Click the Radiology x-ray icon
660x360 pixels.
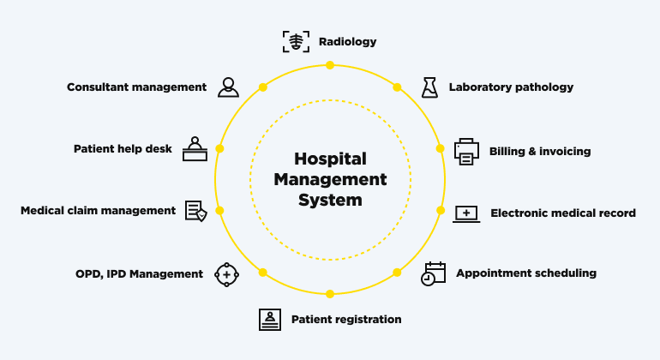click(x=296, y=41)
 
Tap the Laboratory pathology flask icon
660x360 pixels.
click(x=429, y=87)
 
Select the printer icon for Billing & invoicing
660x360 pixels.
click(x=467, y=151)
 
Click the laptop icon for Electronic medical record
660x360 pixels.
click(x=466, y=213)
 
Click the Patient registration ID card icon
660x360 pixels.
click(x=270, y=319)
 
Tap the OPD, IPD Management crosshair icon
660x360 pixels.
click(x=225, y=274)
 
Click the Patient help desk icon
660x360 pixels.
click(x=195, y=149)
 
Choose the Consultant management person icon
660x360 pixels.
click(x=228, y=87)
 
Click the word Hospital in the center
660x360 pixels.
click(x=330, y=159)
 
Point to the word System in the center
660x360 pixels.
click(x=330, y=201)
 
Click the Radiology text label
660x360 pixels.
click(x=347, y=41)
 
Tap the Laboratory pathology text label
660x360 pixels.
click(x=511, y=87)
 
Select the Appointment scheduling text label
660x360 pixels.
click(x=526, y=273)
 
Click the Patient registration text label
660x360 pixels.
click(x=346, y=320)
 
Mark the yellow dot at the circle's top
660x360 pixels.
click(x=330, y=64)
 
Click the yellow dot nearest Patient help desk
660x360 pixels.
click(x=219, y=148)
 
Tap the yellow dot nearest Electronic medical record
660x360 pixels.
click(x=441, y=210)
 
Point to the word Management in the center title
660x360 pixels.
click(x=330, y=180)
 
